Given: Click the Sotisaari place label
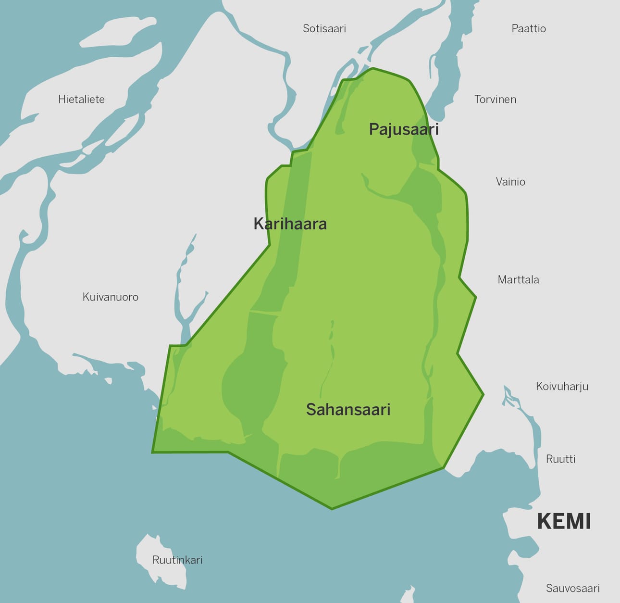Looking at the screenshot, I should [324, 28].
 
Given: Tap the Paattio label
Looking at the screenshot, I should [529, 28].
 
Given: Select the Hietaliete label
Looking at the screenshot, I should [81, 99].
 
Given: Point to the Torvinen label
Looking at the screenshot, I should [495, 99].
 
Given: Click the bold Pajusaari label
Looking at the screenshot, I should [404, 129].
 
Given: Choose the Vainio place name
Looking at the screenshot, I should [510, 181].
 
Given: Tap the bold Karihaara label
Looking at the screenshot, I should [290, 224].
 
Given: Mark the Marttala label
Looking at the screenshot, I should [518, 279].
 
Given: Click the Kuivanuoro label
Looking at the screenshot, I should [111, 297].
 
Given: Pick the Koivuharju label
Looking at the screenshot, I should [562, 386].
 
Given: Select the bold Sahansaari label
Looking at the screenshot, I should [348, 409].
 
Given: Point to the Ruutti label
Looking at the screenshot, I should [560, 459].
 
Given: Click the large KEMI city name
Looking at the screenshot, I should [563, 521].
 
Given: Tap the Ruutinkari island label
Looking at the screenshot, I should [177, 560].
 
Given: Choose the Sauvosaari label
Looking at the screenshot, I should [573, 588].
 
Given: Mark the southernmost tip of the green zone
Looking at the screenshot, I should [332, 509].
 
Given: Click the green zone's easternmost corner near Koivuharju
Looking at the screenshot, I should [483, 395].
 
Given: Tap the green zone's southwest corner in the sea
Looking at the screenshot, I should [153, 452].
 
